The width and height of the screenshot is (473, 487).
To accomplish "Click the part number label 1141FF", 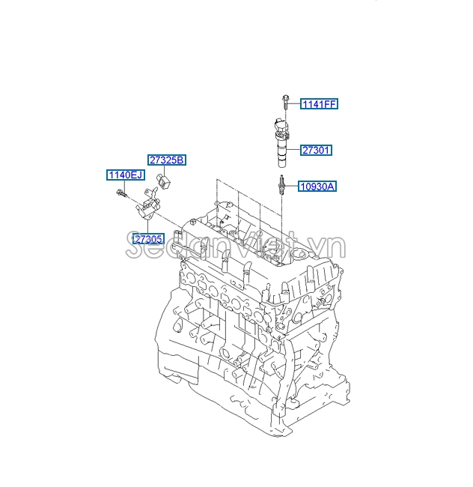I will tap(319, 104).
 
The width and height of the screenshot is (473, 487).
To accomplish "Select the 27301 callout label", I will tap(316, 150).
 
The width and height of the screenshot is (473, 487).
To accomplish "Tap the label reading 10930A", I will tap(317, 187).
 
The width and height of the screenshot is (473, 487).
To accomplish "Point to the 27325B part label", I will tap(166, 160).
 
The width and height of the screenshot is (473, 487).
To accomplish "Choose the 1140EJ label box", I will tap(124, 175).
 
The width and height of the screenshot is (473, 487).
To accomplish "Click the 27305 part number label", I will tap(148, 239).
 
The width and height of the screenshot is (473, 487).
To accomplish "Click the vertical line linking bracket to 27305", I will tap(147, 225).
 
